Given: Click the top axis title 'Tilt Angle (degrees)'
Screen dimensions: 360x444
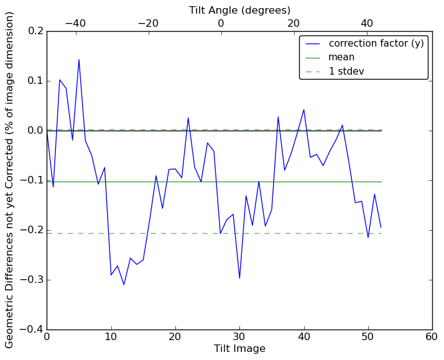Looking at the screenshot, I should tap(239, 10).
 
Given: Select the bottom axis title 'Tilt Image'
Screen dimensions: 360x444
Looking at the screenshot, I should tap(239, 349).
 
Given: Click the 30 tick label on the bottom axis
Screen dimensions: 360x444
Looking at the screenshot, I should tap(239, 337).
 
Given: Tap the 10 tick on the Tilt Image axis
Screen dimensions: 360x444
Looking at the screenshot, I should tap(111, 337).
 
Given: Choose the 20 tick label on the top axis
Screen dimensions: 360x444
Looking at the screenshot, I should tap(294, 23).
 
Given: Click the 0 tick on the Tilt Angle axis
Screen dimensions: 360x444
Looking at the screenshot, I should tap(221, 23).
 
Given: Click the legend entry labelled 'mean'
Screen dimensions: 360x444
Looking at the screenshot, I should tap(341, 57).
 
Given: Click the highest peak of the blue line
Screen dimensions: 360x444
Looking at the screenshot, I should tap(79, 60).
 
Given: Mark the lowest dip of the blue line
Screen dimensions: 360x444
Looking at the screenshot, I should tap(124, 285).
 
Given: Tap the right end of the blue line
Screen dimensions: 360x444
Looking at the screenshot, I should tap(381, 227).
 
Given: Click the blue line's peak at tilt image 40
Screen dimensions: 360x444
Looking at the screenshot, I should tap(303, 109).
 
